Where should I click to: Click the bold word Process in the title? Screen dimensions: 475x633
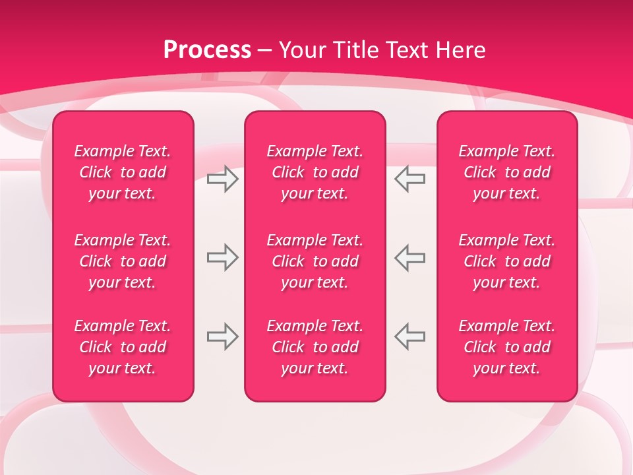tap(207, 50)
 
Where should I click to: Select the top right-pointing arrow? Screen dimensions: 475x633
tap(222, 179)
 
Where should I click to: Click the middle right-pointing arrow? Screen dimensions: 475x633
tap(222, 257)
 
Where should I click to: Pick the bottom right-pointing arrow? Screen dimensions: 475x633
tap(222, 336)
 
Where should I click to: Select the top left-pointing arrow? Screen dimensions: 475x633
tap(410, 179)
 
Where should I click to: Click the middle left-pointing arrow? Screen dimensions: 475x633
tap(410, 257)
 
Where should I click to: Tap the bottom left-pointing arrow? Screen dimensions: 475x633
tap(410, 336)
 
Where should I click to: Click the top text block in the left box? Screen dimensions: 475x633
tap(123, 172)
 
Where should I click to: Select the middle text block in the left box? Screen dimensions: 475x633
tap(123, 261)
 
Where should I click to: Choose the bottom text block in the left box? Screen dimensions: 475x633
tap(123, 347)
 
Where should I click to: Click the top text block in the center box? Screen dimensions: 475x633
tap(315, 172)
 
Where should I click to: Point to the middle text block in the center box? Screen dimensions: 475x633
tap(315, 261)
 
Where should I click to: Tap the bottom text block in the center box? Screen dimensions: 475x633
tap(315, 347)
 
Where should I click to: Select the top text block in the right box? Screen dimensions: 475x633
tap(506, 172)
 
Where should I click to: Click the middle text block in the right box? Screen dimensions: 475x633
tap(506, 261)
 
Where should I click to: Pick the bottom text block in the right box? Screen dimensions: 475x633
tap(506, 347)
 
